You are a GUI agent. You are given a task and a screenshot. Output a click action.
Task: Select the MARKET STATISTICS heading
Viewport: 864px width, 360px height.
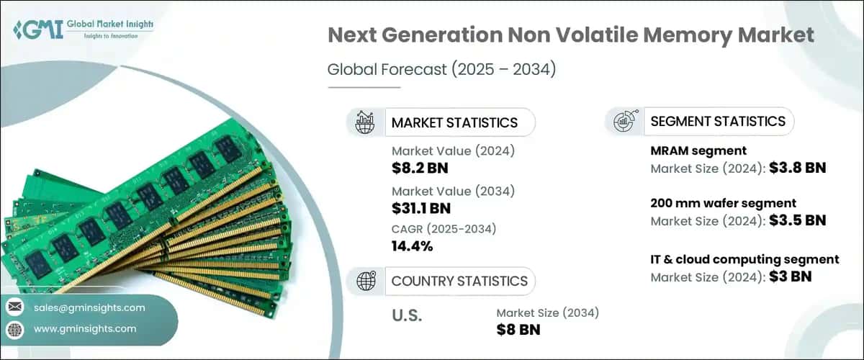[454, 122]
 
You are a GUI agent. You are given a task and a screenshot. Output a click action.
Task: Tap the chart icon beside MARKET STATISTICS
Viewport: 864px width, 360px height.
[365, 122]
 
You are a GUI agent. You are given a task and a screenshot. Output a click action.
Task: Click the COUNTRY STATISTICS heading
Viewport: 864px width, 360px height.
[459, 281]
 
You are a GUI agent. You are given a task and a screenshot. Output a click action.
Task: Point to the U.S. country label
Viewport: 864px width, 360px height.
[407, 315]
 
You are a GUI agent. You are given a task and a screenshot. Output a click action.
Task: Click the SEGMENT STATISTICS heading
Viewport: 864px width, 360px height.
[717, 121]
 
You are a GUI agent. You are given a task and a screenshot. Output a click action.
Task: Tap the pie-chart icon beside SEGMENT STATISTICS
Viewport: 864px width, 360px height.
[624, 122]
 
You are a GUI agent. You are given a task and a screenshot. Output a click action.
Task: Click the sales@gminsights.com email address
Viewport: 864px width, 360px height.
[90, 307]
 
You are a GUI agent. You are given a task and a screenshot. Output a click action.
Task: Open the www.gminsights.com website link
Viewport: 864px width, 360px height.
[85, 329]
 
